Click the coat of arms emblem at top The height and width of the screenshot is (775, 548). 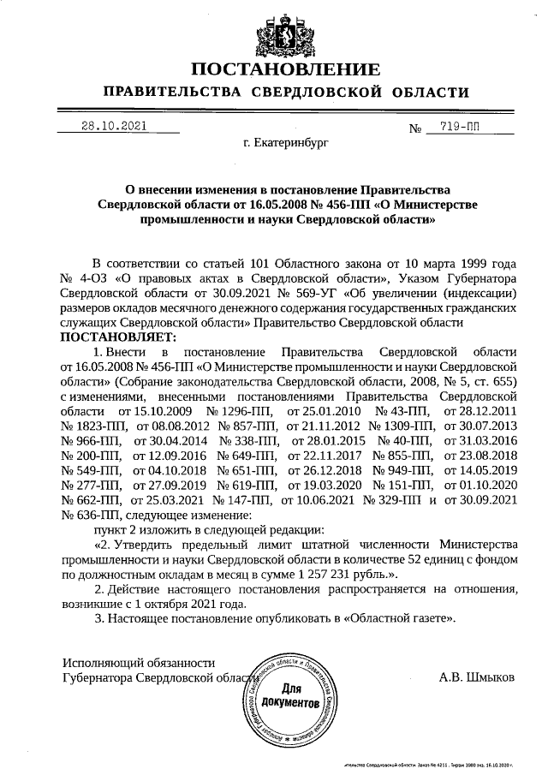283,32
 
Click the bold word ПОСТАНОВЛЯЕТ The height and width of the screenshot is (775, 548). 116,337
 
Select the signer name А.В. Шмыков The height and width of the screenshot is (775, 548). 477,678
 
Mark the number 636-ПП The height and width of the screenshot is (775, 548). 91,516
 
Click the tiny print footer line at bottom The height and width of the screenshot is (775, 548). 430,763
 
